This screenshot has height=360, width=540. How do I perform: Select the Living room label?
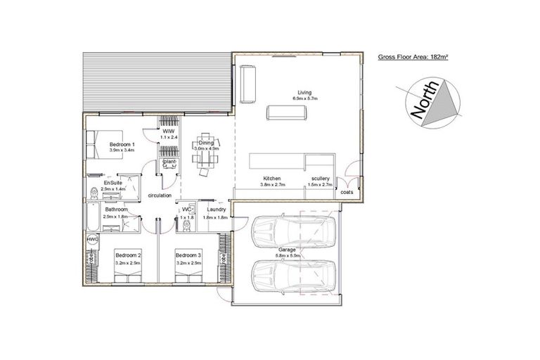[304, 92]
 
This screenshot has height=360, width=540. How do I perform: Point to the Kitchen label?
[272, 178]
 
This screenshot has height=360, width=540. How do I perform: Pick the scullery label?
[320, 178]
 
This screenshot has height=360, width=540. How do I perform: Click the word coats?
[347, 191]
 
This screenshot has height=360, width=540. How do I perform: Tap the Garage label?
[286, 249]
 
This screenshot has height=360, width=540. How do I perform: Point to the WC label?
[187, 209]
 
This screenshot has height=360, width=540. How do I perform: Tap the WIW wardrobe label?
[169, 131]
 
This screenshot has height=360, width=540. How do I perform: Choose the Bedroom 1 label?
[122, 143]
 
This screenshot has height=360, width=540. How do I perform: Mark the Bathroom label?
[116, 209]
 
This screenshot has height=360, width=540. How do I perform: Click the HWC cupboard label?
[91, 239]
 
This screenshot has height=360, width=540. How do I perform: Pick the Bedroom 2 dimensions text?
[127, 262]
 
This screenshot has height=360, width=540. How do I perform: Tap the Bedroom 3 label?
[188, 255]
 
